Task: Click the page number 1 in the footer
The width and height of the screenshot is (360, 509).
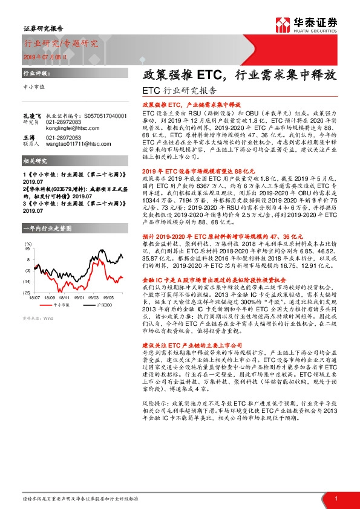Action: click(x=336, y=498)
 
